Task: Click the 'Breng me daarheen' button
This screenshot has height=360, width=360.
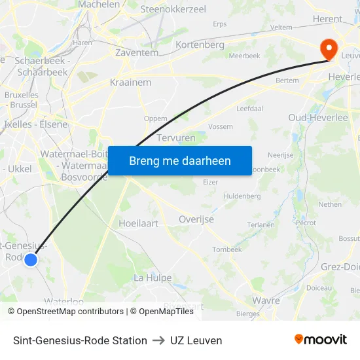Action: (x=179, y=160)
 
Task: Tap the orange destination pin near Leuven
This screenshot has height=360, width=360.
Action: (x=326, y=48)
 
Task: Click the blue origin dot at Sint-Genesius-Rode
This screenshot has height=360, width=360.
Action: (x=31, y=260)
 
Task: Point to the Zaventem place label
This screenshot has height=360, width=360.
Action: (x=137, y=52)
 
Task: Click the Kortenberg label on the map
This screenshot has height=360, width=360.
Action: (x=200, y=45)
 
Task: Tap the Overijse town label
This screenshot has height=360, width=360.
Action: (x=196, y=219)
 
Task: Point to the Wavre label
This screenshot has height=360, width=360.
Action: (x=266, y=300)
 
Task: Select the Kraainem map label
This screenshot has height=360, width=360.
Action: (x=131, y=83)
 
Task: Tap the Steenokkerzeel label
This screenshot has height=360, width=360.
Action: (x=173, y=9)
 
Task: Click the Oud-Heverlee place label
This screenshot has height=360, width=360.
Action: (x=318, y=117)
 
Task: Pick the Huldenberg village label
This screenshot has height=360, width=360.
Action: (x=242, y=196)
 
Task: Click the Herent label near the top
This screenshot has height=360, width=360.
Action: (x=328, y=19)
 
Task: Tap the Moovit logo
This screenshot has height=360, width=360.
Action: (x=321, y=340)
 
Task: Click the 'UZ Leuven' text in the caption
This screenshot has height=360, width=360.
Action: (x=196, y=340)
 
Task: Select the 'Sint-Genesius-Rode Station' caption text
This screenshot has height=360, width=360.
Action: (x=80, y=340)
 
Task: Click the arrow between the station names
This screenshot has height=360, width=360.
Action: (x=158, y=340)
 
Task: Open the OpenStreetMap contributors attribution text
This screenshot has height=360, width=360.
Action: (x=66, y=312)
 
